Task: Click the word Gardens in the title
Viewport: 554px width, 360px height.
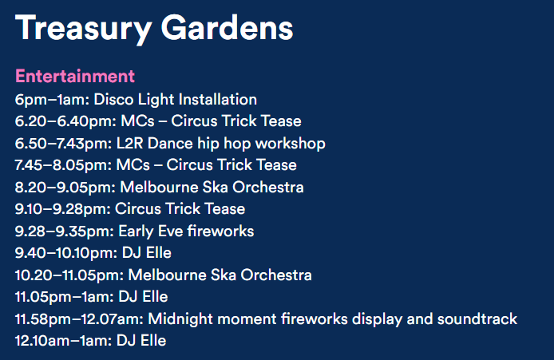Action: pos(227,28)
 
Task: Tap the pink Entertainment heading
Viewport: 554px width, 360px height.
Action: pos(75,76)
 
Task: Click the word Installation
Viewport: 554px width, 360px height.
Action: pos(218,99)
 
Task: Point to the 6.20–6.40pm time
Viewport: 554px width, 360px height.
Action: pos(65,122)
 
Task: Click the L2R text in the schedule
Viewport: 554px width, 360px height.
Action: pos(130,144)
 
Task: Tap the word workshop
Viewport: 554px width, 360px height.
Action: pos(291,144)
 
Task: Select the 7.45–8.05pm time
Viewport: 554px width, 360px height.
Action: pos(63,166)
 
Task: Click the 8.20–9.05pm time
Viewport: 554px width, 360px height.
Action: pos(65,188)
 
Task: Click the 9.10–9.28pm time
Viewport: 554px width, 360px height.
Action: pos(63,209)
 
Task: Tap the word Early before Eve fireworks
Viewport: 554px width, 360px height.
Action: pos(136,231)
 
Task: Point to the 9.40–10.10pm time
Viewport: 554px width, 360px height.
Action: pos(66,253)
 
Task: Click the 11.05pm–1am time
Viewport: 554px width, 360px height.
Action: pos(65,298)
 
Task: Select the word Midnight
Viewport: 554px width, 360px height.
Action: pos(180,319)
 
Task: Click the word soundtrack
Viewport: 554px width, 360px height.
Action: pos(477,319)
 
